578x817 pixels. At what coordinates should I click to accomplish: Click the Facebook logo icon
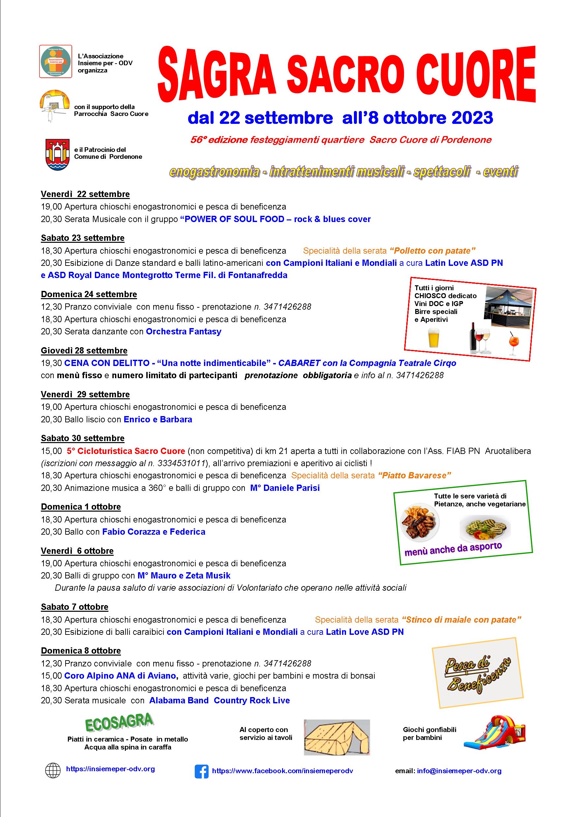pos(201,772)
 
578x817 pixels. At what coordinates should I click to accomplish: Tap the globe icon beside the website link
pos(53,771)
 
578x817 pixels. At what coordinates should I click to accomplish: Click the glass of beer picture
pos(434,337)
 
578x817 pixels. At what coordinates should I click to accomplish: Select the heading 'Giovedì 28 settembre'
pos(84,351)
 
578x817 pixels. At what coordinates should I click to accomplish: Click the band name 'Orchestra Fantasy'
pos(184,331)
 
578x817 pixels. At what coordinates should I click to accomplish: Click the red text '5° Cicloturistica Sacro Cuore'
pos(126,451)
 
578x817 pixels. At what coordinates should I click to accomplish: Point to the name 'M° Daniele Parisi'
pos(285,488)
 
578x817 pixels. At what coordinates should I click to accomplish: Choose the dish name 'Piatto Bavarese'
pos(414,475)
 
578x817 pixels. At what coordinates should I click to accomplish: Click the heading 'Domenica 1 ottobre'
pos(81,507)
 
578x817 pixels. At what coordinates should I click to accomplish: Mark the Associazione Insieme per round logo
pos(55,61)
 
